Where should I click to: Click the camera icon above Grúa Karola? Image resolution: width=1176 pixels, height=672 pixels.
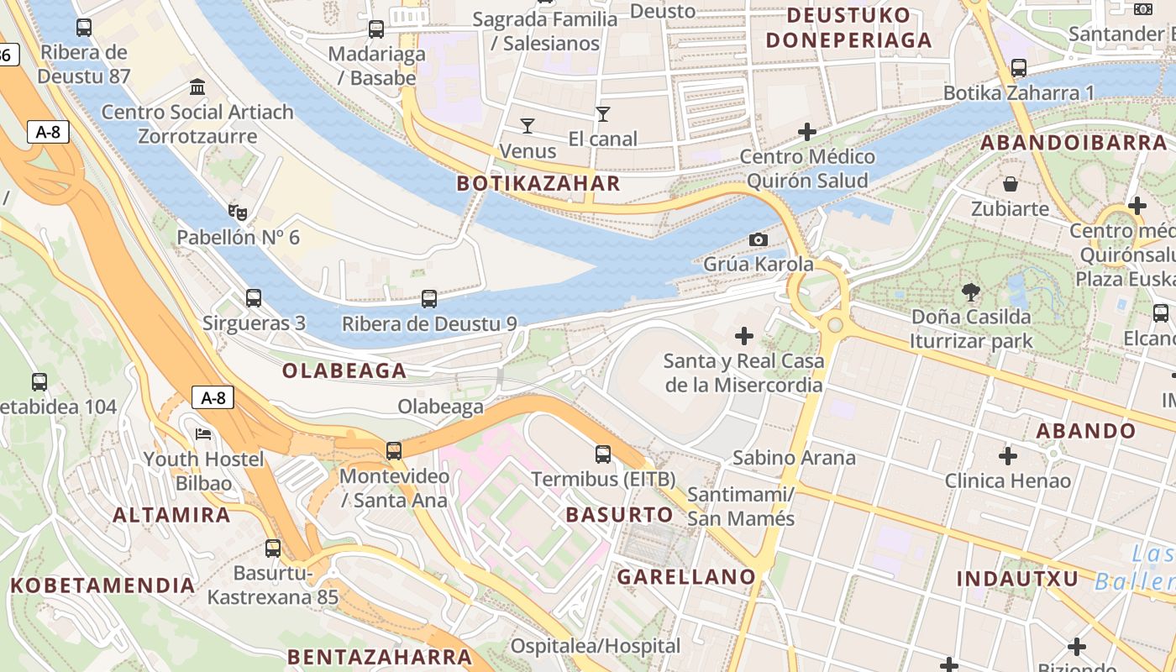coord(758,239)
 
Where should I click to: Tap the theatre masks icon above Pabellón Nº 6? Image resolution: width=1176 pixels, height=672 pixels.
coord(238,213)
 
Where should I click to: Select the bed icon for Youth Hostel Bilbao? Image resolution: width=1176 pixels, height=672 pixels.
coord(203,434)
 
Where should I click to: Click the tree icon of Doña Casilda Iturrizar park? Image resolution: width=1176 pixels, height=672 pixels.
coord(971,292)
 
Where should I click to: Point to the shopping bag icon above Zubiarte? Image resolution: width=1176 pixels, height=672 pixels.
coord(1011,183)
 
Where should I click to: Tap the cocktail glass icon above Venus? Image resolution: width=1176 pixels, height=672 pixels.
coord(528,126)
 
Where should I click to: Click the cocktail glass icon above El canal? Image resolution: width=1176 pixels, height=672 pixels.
coord(602,114)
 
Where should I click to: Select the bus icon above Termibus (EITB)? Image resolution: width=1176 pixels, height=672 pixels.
coord(603,454)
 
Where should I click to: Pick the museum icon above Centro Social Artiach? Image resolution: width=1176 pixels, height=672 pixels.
coord(198,87)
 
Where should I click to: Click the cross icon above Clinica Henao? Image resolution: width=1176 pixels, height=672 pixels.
coord(1008,456)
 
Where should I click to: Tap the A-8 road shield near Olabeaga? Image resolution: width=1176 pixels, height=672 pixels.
coord(213,397)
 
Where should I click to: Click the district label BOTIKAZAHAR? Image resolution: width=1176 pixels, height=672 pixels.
coord(538,184)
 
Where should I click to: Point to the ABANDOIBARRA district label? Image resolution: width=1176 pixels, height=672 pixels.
coord(1074,143)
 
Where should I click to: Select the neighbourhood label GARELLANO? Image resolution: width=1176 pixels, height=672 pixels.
coord(686,576)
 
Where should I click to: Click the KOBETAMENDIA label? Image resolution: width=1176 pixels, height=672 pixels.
coord(103,585)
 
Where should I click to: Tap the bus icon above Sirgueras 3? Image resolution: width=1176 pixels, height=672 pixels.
coord(253,298)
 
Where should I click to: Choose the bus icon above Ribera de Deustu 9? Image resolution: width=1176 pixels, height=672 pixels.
coord(429,299)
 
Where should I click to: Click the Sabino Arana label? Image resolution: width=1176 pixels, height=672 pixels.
coord(794,458)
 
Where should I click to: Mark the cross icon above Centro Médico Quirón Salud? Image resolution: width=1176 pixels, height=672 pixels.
coord(807,132)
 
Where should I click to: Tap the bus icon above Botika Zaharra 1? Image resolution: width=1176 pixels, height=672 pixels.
coord(1019,68)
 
